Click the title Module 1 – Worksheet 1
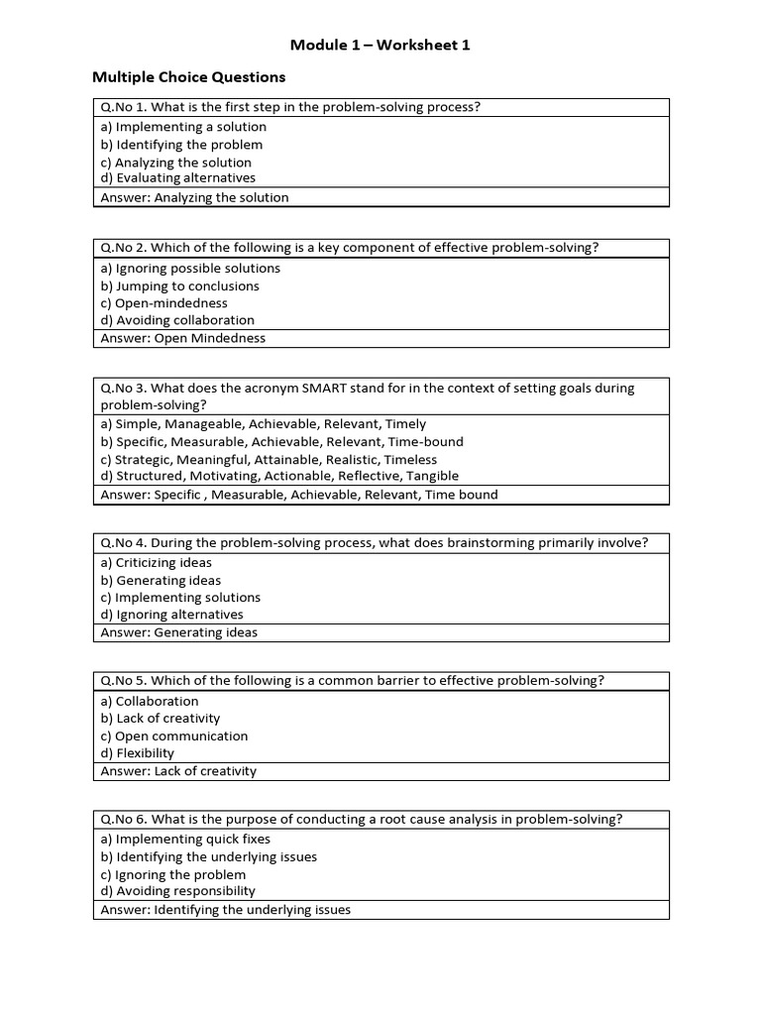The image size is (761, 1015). click(x=380, y=45)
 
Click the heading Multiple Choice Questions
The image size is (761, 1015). click(x=188, y=76)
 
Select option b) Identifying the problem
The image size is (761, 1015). click(x=181, y=145)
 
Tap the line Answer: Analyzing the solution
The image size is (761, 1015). click(x=194, y=197)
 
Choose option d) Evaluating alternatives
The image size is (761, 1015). click(x=177, y=178)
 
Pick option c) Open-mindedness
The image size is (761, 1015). click(x=163, y=303)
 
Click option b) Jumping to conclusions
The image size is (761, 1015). click(x=179, y=286)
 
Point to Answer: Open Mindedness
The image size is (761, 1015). click(x=183, y=338)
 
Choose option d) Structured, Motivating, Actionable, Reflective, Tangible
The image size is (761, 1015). click(x=279, y=476)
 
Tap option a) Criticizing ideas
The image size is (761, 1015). click(x=156, y=563)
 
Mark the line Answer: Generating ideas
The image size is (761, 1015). click(x=178, y=632)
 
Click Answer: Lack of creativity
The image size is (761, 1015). click(x=178, y=771)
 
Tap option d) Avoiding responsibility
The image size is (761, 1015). click(x=177, y=891)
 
